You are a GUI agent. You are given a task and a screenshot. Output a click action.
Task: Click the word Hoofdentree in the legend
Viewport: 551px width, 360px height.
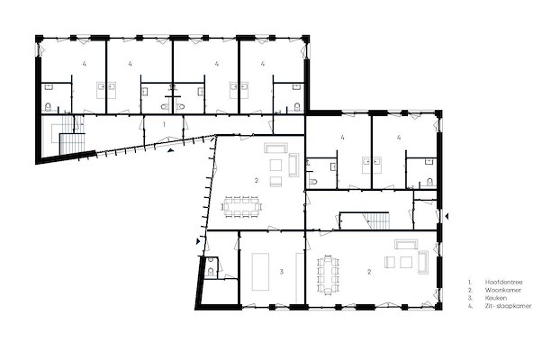point(503,282)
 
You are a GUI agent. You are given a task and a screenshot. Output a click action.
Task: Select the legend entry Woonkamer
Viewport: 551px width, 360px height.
point(503,290)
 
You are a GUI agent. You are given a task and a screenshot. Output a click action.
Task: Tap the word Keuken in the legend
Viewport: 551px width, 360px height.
point(496,298)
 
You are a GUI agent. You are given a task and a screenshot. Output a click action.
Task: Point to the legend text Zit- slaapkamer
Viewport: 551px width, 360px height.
point(508,306)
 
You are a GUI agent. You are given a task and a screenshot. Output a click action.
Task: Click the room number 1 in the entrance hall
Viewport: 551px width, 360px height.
point(164,124)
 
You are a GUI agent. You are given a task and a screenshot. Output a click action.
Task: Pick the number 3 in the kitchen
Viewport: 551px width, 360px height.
point(281,272)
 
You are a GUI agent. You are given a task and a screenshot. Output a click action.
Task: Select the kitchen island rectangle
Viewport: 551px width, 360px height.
point(260,272)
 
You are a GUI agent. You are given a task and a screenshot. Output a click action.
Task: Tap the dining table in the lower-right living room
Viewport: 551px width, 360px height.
point(329,275)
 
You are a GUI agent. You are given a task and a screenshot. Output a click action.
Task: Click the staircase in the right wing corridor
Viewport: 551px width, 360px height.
point(377,220)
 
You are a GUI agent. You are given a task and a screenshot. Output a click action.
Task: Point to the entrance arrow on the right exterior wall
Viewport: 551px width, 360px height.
point(447,217)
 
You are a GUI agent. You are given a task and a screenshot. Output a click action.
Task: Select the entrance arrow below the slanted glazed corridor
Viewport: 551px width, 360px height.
point(171,150)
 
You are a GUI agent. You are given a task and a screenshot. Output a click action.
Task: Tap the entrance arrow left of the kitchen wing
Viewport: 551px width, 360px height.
point(198,241)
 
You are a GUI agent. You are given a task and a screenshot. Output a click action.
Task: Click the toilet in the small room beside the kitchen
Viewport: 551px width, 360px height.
point(210,271)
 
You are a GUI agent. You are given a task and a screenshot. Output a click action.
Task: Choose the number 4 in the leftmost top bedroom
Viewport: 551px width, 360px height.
point(85,64)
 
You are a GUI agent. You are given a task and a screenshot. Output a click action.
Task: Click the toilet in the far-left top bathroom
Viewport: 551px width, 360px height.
point(48,106)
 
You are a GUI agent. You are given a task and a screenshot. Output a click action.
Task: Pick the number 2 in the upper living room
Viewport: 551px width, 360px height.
point(257,181)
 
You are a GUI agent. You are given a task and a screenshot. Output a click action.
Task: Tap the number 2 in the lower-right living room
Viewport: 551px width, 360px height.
point(369,272)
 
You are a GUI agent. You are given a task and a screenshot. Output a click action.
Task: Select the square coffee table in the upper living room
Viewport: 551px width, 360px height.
point(275,165)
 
